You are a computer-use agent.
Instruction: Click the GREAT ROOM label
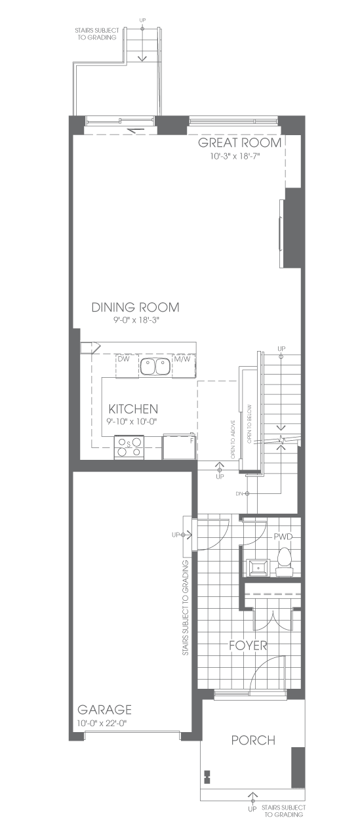239,143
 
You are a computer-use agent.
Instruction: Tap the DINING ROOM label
135,307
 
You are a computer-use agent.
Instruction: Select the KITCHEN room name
133,409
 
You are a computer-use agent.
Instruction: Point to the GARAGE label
104,710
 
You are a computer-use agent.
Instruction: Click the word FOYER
248,646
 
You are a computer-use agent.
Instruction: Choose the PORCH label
253,740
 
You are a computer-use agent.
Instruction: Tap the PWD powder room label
283,537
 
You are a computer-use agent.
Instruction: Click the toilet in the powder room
285,562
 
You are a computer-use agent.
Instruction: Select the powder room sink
258,568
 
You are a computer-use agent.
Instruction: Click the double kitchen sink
154,367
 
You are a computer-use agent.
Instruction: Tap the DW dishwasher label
124,359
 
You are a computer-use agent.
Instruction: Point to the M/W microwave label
182,359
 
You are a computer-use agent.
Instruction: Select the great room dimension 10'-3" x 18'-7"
237,156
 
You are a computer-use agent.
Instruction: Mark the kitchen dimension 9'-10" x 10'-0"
132,421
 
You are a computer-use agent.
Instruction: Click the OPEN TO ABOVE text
233,440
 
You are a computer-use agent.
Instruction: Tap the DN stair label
239,494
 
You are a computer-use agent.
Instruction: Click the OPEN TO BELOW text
250,424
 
